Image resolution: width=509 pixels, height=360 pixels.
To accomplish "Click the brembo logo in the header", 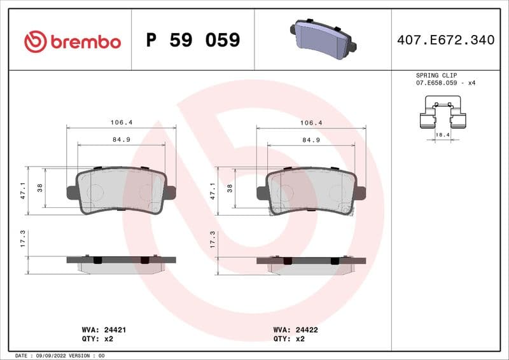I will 72,41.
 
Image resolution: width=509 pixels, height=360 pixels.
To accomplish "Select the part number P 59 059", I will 193,41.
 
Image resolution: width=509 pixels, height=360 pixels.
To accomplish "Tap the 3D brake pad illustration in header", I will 323,38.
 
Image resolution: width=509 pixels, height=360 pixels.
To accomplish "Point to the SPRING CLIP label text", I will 436,75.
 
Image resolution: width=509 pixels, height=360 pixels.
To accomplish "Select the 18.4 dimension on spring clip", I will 442,135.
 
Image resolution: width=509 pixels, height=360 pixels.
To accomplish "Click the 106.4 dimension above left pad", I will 122,123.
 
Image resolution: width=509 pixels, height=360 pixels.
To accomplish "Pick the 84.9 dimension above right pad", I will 310,139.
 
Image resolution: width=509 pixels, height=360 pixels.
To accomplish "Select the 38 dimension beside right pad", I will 230,188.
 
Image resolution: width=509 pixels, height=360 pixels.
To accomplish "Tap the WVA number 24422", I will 308,330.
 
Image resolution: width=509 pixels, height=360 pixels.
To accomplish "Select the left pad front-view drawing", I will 121,191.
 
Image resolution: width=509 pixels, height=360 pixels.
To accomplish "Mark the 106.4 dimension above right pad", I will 311,123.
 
